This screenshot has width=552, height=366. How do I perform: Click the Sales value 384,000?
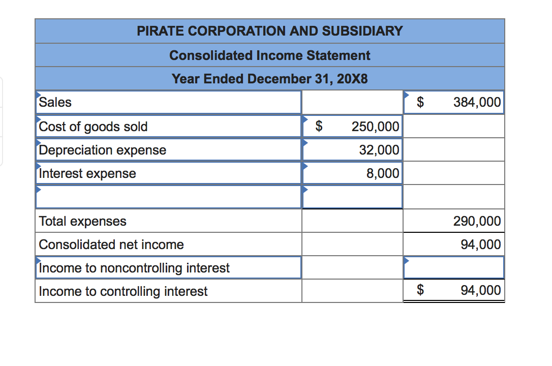click(477, 102)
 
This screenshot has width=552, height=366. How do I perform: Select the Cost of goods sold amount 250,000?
click(375, 127)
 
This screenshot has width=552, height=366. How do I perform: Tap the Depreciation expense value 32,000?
click(379, 150)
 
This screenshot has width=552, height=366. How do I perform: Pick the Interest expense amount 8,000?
click(383, 173)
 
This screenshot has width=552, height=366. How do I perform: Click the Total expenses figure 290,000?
click(477, 221)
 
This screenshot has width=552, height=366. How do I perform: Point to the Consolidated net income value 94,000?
click(480, 245)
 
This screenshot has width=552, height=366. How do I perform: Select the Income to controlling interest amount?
click(480, 290)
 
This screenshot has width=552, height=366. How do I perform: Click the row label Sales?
click(55, 102)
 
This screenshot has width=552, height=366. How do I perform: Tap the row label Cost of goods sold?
click(94, 127)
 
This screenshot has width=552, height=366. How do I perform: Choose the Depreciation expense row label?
click(103, 150)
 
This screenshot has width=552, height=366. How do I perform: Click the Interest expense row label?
click(87, 173)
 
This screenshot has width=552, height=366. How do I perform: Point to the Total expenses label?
click(83, 221)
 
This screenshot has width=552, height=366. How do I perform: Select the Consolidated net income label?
click(111, 245)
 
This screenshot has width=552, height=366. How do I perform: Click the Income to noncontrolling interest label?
click(134, 268)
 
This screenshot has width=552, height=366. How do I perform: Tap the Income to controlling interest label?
click(123, 291)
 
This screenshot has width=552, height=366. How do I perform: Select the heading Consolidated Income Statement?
click(270, 55)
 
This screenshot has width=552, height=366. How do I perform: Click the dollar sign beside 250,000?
click(319, 126)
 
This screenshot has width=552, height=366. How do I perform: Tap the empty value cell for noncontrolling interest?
click(454, 268)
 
